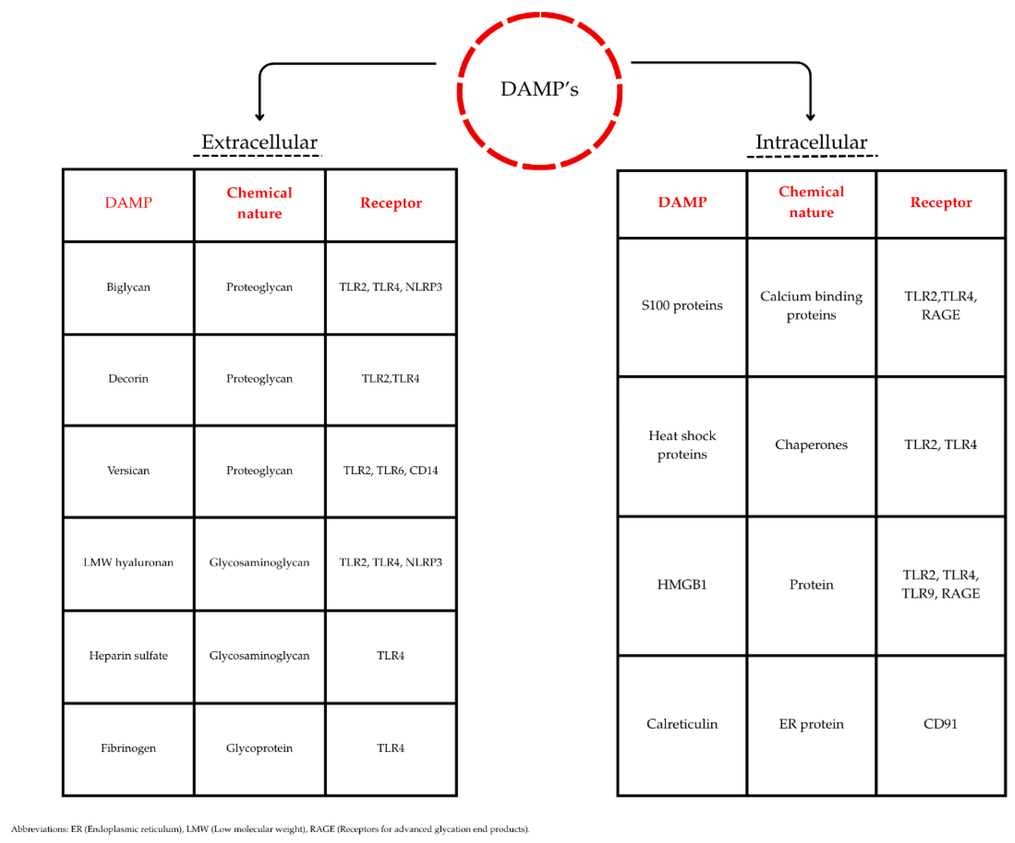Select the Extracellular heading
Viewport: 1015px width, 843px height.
point(259,142)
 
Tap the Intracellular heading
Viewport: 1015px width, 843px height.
point(811,142)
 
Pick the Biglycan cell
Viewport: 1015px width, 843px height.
point(128,287)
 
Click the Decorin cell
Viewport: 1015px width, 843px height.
point(128,379)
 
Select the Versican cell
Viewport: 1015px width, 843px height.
point(128,470)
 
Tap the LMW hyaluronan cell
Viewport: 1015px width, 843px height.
point(128,562)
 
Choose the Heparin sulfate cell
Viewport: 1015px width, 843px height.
point(128,656)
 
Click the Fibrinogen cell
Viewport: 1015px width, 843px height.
point(128,748)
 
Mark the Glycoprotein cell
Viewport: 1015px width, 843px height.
point(259,748)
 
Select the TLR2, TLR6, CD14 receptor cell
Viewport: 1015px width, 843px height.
point(391,470)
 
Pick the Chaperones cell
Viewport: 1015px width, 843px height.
point(811,445)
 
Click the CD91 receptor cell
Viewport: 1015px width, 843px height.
point(940,724)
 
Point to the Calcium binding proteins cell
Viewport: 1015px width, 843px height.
point(811,305)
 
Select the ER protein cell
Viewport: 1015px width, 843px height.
point(811,724)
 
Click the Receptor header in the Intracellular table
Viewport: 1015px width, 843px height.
point(941,203)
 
